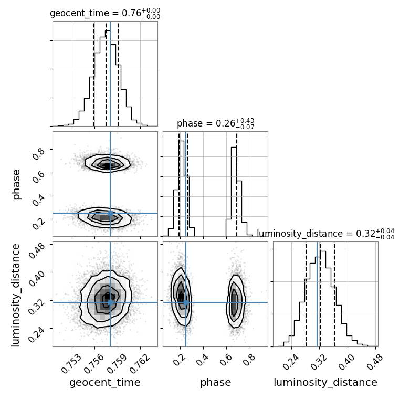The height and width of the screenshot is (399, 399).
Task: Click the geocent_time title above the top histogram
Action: click(x=105, y=14)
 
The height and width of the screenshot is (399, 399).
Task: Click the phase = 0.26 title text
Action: click(x=215, y=124)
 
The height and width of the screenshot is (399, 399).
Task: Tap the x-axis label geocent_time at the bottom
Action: click(x=105, y=383)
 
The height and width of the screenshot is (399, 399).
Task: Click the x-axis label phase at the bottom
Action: click(x=215, y=383)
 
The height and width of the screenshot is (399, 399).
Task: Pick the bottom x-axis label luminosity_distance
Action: click(x=325, y=383)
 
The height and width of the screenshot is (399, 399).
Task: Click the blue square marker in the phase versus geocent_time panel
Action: click(x=110, y=213)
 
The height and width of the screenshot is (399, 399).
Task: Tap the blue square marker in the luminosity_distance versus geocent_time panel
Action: click(x=110, y=302)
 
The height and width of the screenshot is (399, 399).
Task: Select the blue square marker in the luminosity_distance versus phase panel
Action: click(x=186, y=302)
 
